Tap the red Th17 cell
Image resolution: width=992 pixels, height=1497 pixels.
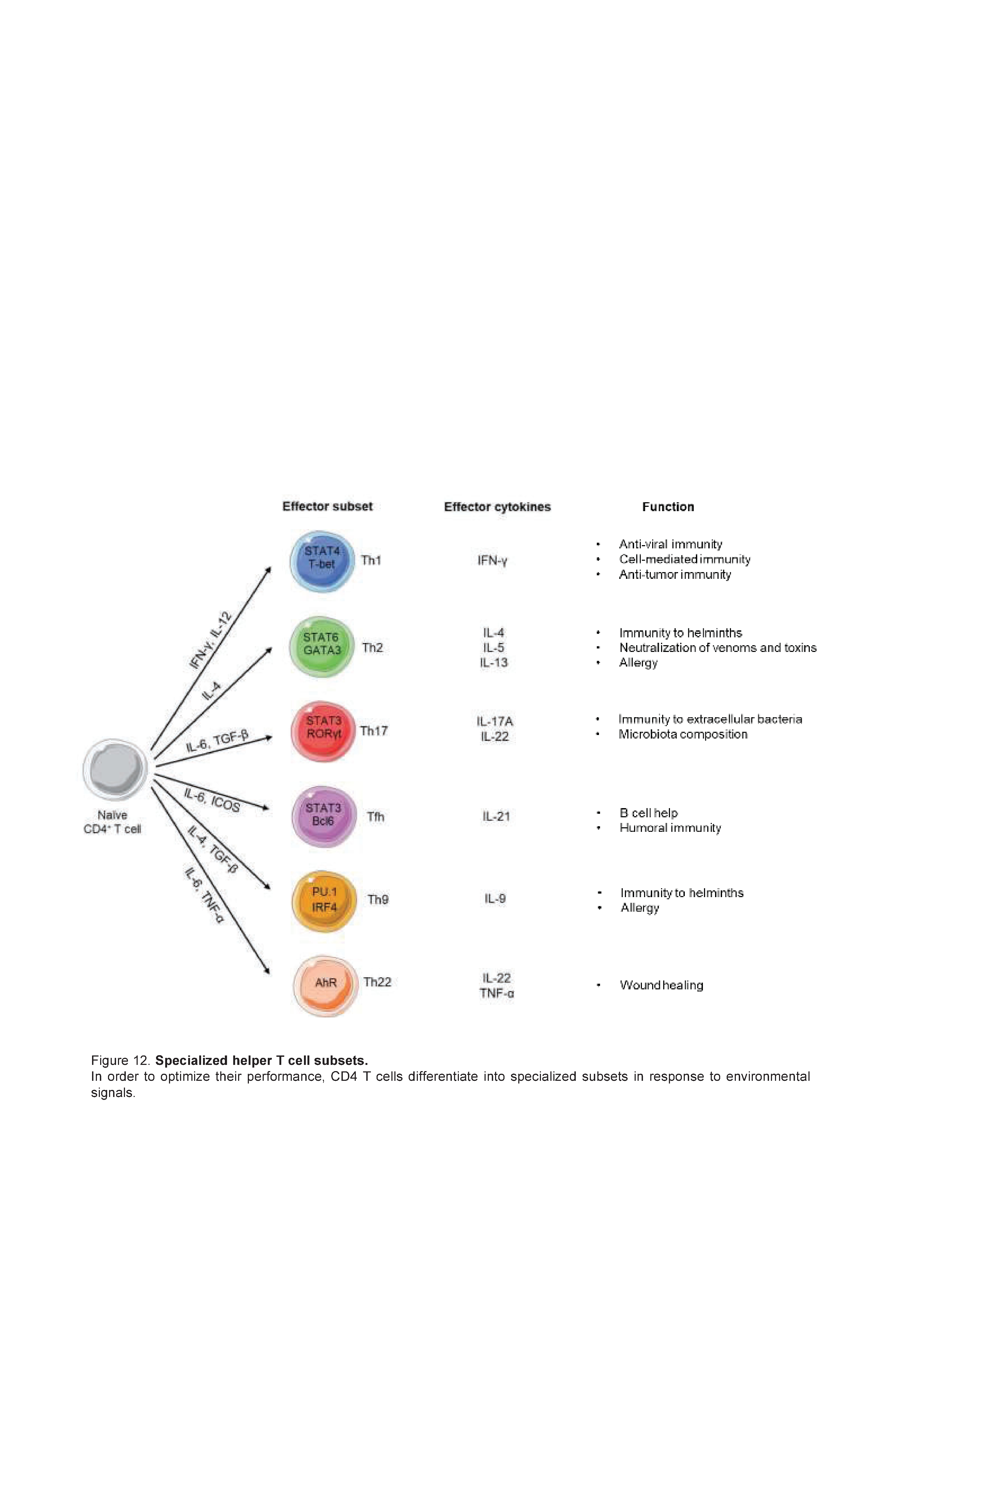[323, 732]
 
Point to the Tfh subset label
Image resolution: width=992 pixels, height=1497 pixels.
[376, 817]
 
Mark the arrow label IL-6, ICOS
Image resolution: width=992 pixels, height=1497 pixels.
[212, 800]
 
